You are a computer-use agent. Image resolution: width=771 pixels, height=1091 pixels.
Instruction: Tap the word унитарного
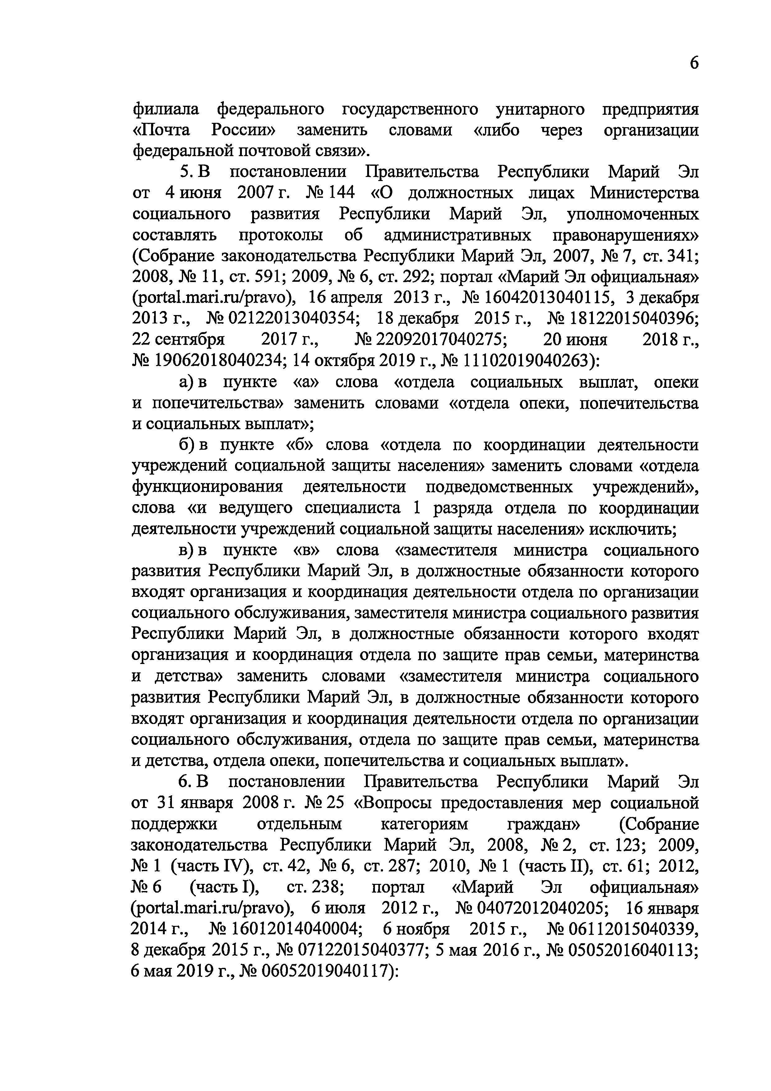click(540, 109)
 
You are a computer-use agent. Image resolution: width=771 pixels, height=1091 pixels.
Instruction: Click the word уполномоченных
click(633, 214)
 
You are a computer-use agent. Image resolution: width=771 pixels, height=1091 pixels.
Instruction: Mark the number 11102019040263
click(527, 361)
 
